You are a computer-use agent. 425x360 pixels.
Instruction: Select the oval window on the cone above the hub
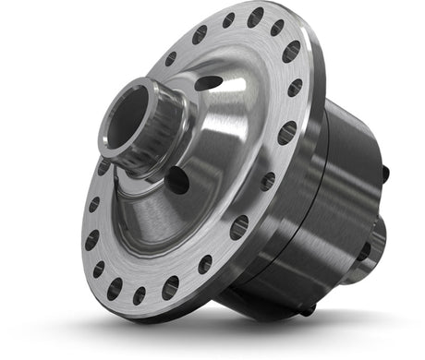(x=209, y=83)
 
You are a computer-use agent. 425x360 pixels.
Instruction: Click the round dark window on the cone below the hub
(x=177, y=181)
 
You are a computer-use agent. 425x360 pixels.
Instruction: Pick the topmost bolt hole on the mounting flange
(x=255, y=16)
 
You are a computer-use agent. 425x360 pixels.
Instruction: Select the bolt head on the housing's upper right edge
(x=382, y=172)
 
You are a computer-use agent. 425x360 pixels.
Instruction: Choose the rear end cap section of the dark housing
(x=356, y=185)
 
